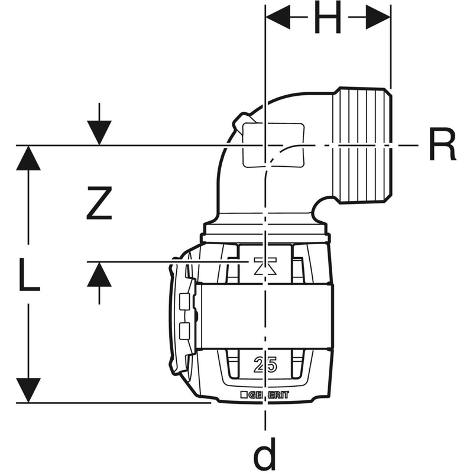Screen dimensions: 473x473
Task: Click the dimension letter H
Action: (328, 17)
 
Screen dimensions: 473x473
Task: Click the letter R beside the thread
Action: (442, 144)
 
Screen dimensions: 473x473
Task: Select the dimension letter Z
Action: (99, 203)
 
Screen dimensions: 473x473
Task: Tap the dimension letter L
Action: (29, 274)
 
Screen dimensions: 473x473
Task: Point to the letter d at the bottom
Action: (264, 455)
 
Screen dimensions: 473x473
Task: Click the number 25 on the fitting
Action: (265, 365)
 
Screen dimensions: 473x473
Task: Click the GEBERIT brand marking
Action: (265, 395)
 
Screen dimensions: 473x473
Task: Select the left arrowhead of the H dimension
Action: (278, 17)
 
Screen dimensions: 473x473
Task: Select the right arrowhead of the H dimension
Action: (378, 17)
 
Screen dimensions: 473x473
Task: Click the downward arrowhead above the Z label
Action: (99, 132)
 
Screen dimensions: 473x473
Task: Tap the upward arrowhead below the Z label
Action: (99, 274)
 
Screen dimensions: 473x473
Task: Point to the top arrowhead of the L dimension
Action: (28, 158)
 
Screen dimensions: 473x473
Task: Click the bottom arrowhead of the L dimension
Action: (28, 390)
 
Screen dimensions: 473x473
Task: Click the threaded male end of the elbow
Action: (363, 145)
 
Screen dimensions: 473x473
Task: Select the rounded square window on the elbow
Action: (273, 145)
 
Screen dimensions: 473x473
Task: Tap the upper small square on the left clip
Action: (184, 302)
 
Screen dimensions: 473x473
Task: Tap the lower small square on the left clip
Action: (184, 331)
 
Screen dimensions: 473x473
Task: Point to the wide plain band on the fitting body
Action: (265, 316)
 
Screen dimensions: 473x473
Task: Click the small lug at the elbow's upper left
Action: (242, 122)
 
